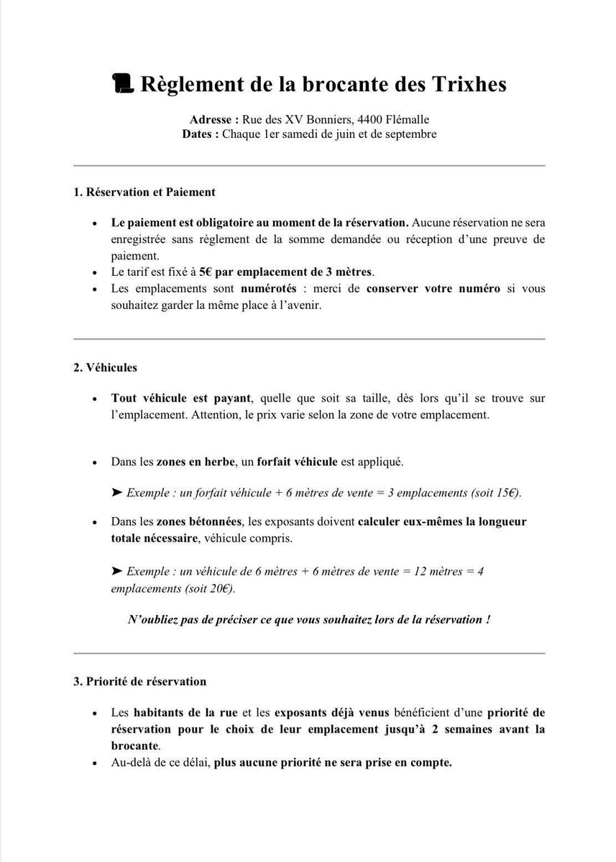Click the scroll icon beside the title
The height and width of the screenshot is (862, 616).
coord(124,84)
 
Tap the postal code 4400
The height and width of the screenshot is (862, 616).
coord(359,119)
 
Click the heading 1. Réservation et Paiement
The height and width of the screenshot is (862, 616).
coord(144,193)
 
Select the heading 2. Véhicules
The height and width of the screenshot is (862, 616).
coord(105,367)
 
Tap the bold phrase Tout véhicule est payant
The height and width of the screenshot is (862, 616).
coord(181,398)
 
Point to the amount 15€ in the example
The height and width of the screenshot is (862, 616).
coord(505,493)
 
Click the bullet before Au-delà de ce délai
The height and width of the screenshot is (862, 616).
coord(94,762)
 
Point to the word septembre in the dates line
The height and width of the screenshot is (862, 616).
coord(410,134)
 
